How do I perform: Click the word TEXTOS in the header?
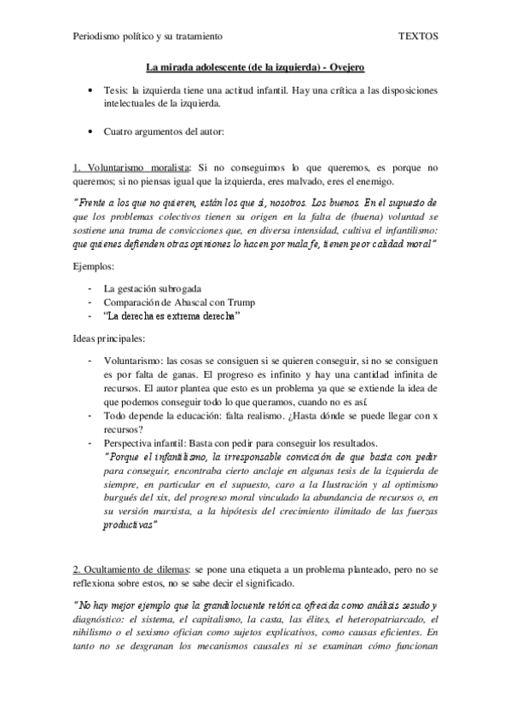coord(418,38)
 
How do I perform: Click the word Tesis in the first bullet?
coord(115,90)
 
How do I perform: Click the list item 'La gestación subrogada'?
coord(152,289)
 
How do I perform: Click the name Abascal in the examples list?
coord(192,303)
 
